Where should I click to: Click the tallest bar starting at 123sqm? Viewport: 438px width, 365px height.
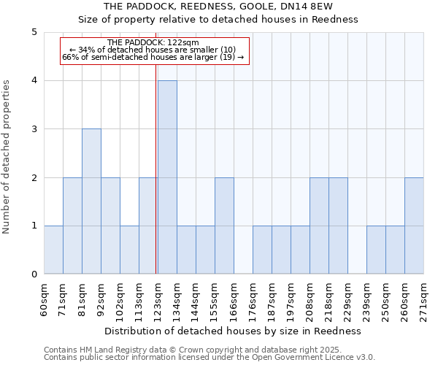(167, 177)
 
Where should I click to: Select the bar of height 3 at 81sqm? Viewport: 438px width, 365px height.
(91, 201)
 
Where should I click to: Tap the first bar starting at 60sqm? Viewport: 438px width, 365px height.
(53, 250)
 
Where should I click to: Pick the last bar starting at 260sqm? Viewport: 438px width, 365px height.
(414, 226)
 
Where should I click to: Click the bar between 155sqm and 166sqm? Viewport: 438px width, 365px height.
(224, 226)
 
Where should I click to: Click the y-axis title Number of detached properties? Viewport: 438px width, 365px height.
(7, 157)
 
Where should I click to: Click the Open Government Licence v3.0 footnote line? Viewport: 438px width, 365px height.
(210, 358)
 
